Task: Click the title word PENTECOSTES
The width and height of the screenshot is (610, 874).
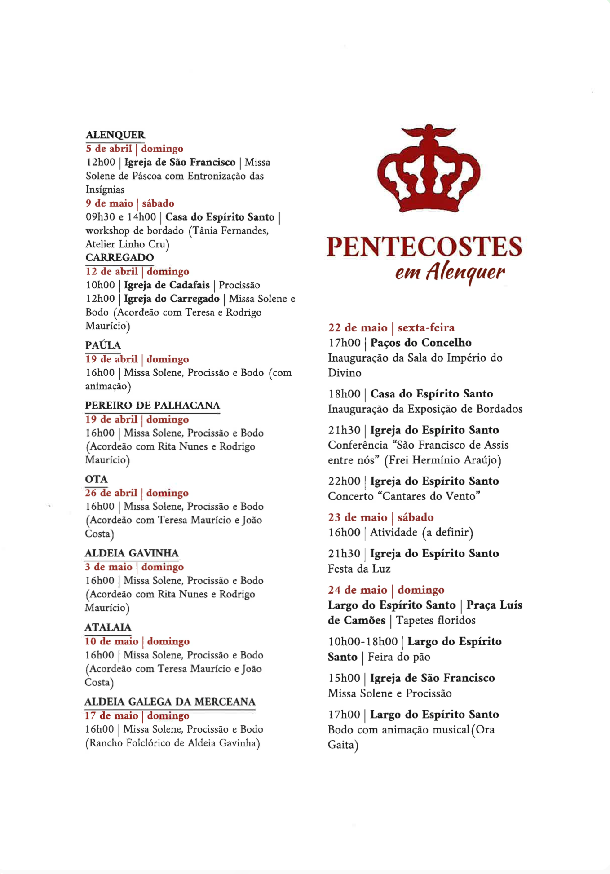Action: point(424,247)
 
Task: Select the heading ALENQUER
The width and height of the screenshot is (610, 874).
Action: point(115,135)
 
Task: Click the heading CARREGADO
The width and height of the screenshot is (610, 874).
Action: point(119,257)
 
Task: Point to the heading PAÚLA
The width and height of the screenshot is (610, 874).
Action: point(103,345)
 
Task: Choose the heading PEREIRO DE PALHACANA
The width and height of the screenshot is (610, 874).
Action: point(152,405)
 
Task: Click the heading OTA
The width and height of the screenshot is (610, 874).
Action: point(96,479)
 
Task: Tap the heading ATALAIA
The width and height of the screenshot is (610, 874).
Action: point(108,627)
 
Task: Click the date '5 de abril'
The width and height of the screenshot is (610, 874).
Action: point(109,149)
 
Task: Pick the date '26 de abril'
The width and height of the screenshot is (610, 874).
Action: point(111,493)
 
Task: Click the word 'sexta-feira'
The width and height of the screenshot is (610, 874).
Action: point(426,327)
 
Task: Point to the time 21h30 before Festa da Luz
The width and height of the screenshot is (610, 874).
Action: point(344,553)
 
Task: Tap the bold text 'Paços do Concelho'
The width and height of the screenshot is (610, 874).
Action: point(421,343)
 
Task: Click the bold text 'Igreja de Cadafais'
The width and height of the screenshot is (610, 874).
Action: point(167,285)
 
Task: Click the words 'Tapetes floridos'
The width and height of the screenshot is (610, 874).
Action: point(435,620)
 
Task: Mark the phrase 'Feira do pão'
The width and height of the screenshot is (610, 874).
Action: point(399,657)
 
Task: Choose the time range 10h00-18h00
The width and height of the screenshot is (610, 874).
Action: point(363,642)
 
